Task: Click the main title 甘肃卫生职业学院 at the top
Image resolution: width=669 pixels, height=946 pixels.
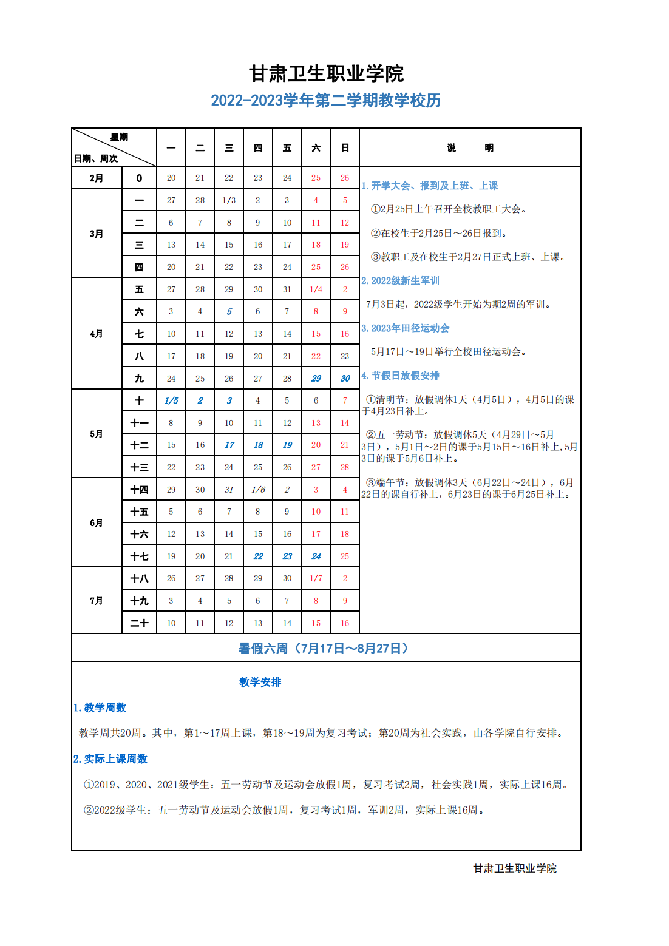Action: (x=326, y=74)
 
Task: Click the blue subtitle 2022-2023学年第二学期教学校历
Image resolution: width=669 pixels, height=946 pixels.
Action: (x=326, y=101)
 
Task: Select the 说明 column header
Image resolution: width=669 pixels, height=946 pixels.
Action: (x=470, y=148)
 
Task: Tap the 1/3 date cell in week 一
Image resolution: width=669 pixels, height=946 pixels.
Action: (x=229, y=200)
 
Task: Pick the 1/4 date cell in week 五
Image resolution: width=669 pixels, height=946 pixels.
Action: (x=316, y=289)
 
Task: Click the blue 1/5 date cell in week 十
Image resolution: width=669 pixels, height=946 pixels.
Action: (x=171, y=400)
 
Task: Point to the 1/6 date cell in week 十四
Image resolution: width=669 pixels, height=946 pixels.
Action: (x=258, y=490)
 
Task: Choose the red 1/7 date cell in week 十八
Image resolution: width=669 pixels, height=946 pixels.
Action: (x=316, y=578)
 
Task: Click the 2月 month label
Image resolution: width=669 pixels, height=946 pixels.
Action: (x=97, y=178)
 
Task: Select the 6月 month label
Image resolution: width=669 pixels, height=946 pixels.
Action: (x=97, y=523)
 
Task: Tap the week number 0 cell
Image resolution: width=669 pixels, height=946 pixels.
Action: (x=139, y=178)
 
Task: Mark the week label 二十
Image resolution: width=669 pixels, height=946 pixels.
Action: (x=139, y=623)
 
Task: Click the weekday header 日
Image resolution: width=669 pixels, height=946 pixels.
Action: (x=345, y=148)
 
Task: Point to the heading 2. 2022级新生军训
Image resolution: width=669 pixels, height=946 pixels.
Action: (x=401, y=281)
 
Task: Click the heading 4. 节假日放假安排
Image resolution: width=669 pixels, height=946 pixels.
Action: (x=401, y=376)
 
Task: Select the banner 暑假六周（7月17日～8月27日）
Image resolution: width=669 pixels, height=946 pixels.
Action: (x=326, y=649)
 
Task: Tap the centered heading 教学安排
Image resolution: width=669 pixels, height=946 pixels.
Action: (x=260, y=682)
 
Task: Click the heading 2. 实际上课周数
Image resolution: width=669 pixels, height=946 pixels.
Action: (x=110, y=759)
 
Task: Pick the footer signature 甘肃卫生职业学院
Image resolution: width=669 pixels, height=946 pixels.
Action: (x=515, y=868)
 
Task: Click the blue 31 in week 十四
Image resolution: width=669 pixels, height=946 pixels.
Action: (x=229, y=490)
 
